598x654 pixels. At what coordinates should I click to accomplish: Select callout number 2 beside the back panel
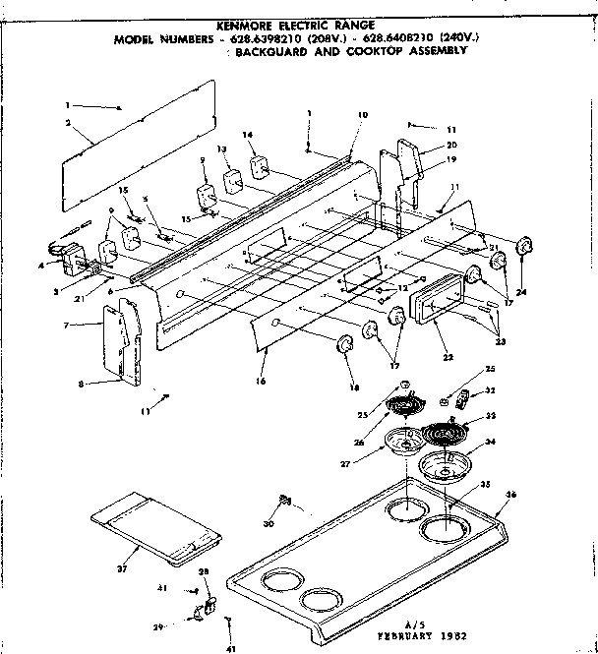click(x=67, y=123)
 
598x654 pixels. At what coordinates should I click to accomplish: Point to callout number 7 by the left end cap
click(x=66, y=325)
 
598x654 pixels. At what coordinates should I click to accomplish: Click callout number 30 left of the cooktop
click(x=269, y=523)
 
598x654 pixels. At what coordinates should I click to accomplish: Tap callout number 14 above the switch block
click(x=247, y=134)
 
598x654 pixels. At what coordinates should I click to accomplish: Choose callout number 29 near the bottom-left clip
click(x=184, y=625)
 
